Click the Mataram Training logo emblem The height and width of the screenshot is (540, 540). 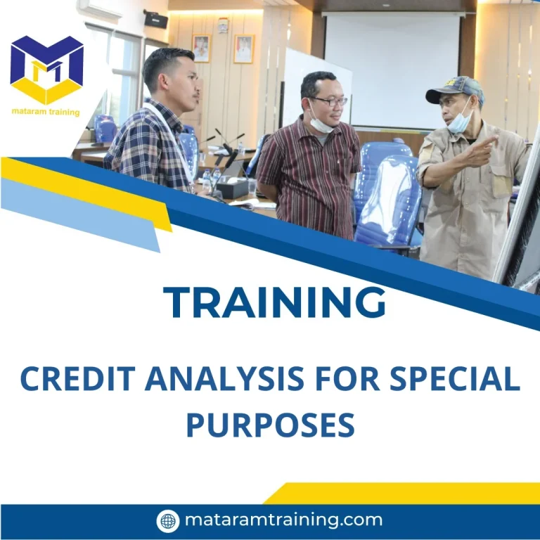coord(46,70)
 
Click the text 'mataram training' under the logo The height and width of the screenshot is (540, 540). coord(46,112)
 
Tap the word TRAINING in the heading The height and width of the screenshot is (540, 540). coord(275,302)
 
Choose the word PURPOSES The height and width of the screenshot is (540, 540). coord(270,425)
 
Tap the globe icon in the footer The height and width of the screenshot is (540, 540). coord(168,521)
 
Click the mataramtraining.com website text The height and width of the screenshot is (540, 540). coord(283,520)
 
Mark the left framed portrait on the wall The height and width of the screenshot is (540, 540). coord(201,48)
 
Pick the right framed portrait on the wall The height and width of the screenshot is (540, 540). coord(243,49)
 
